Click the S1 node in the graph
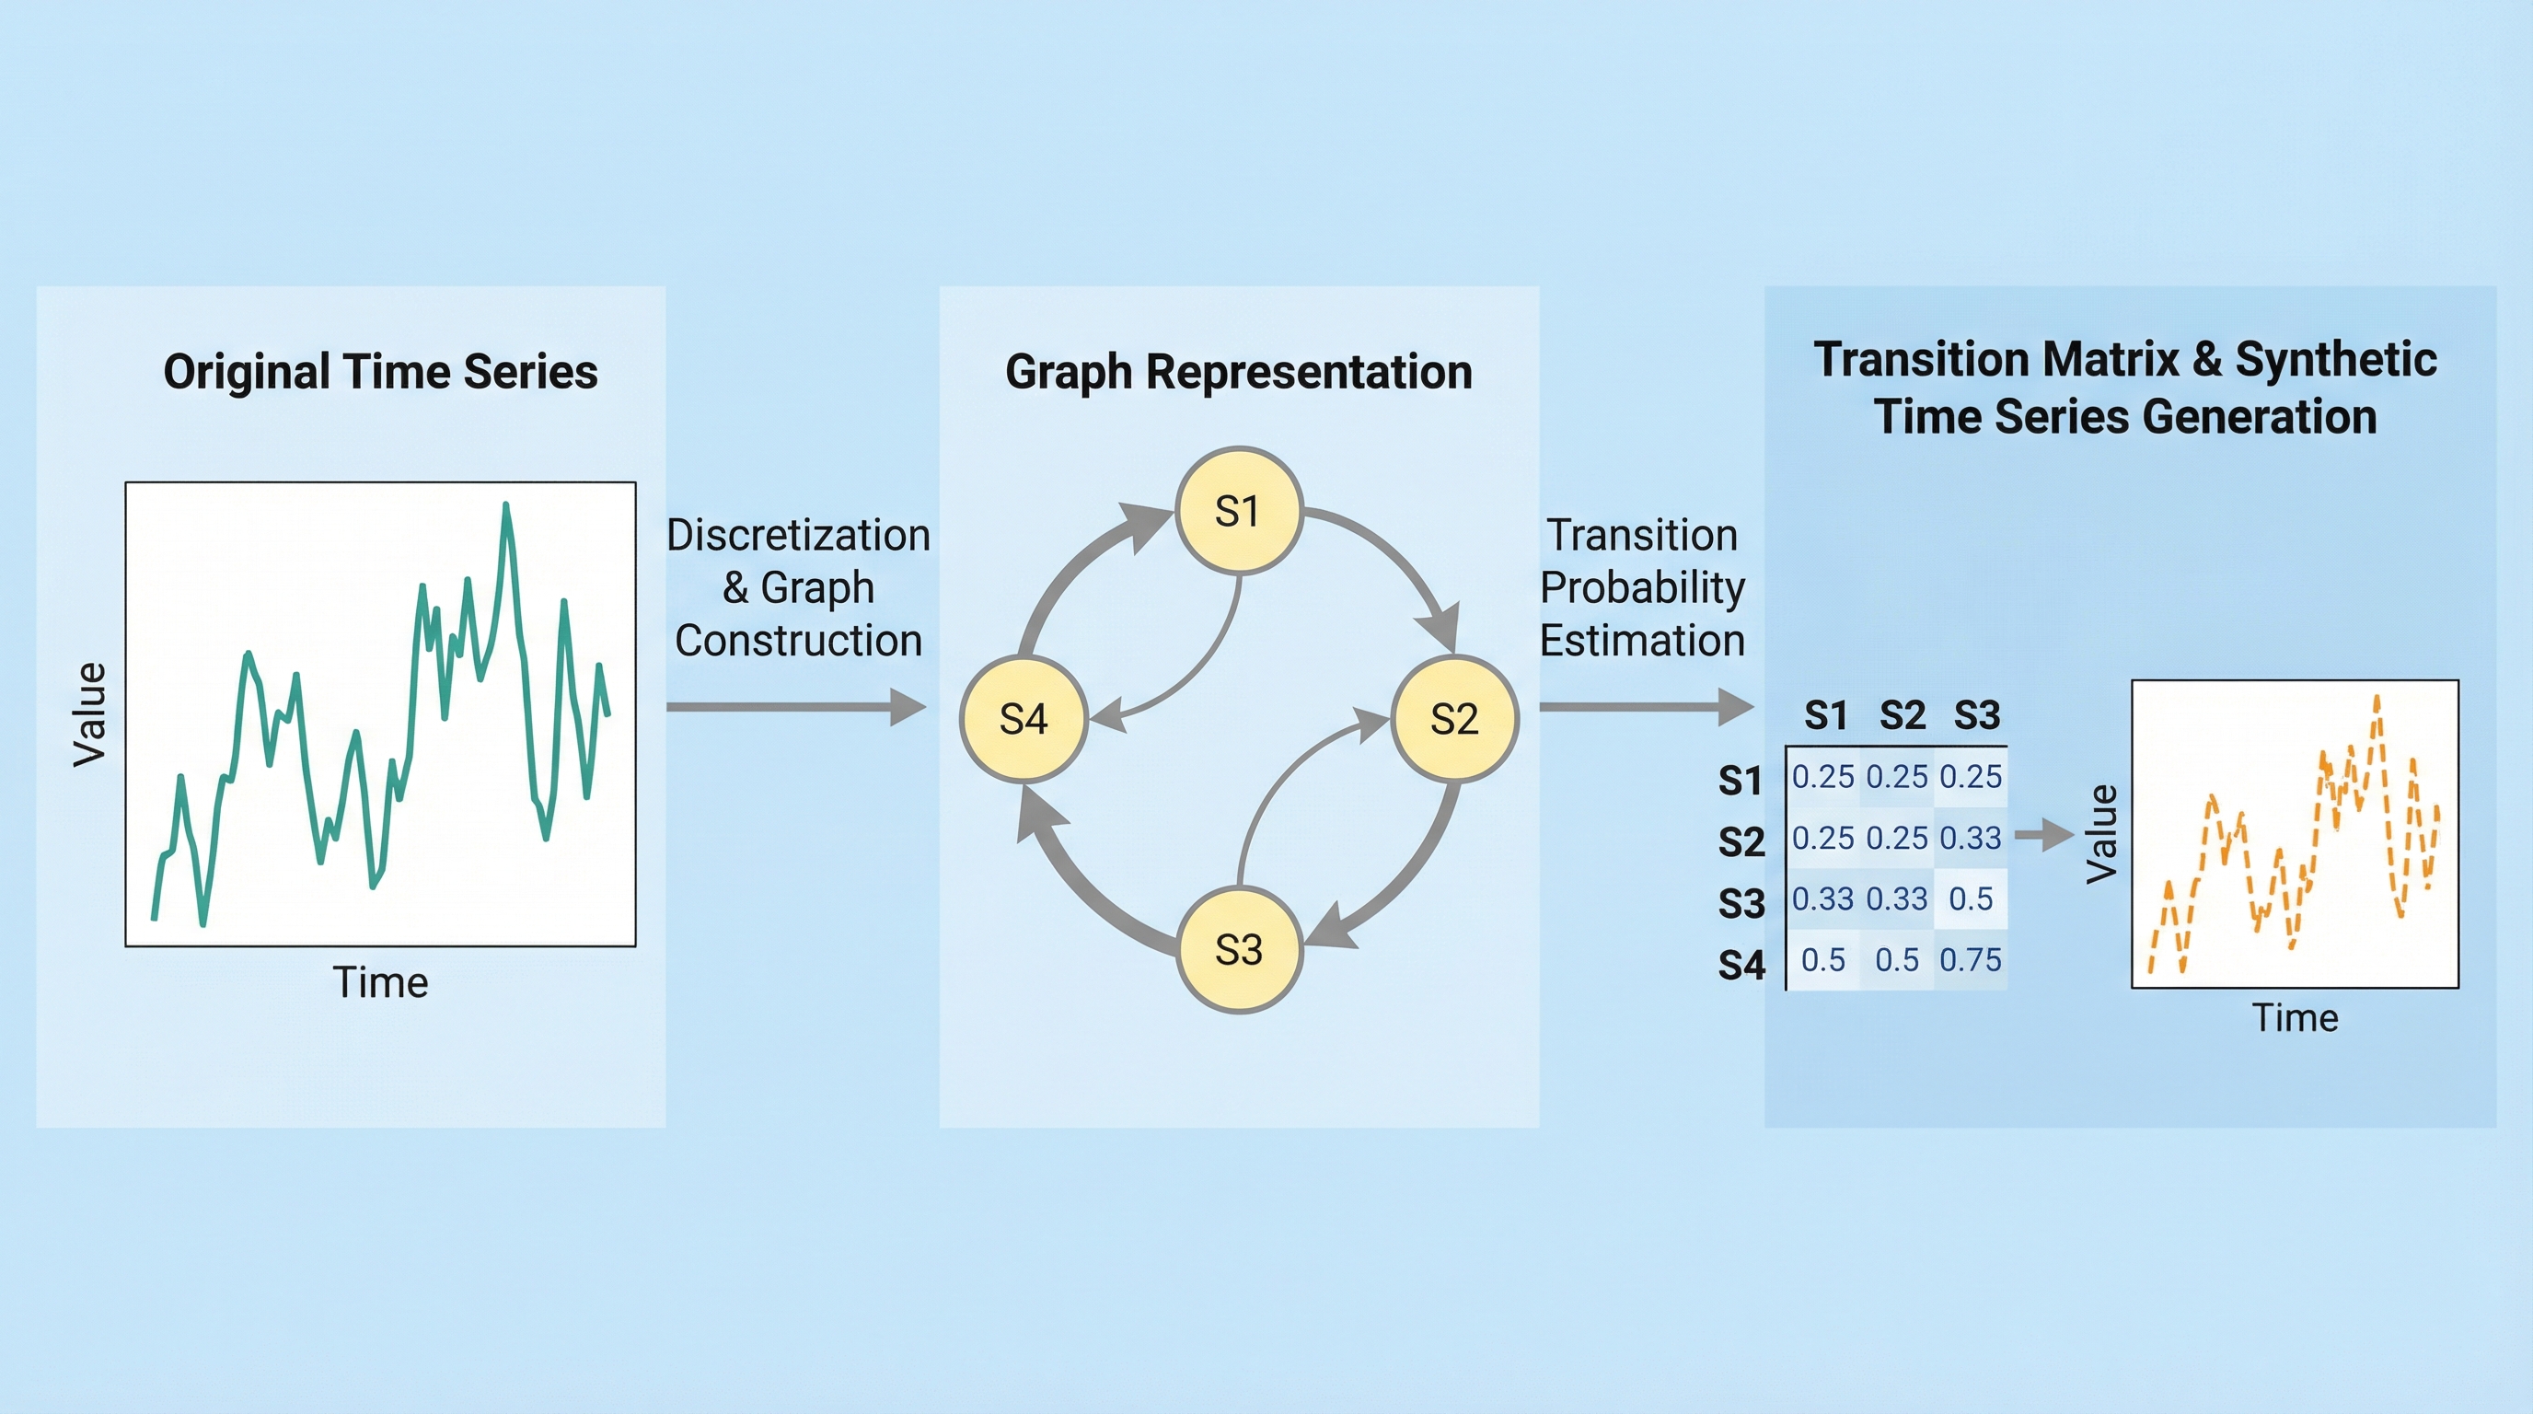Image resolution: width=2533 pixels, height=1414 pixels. (1238, 511)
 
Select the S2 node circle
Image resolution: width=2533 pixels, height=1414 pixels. (1454, 719)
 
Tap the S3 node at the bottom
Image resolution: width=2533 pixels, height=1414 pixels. (1239, 950)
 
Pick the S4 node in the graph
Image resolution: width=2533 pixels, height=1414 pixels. (1024, 719)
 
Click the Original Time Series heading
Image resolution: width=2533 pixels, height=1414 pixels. (380, 372)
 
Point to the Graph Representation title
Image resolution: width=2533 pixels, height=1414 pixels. (1238, 372)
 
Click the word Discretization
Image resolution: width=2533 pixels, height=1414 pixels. (797, 536)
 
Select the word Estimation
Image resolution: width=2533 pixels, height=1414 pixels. (1641, 641)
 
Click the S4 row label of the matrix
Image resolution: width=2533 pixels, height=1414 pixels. (1741, 966)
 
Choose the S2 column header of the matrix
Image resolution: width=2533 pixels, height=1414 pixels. (1902, 715)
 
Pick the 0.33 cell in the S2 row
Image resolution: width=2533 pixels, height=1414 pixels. (1971, 838)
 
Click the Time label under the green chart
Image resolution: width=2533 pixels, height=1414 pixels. (380, 982)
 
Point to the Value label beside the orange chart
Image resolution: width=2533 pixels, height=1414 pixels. (2101, 834)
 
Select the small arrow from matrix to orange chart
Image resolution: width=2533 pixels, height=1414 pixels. (2043, 835)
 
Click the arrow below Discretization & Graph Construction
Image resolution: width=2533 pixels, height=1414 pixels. (795, 707)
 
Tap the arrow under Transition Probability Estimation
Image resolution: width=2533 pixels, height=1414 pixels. (1645, 707)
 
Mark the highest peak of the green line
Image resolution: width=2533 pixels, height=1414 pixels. (506, 506)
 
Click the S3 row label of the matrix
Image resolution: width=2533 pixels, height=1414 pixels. (1741, 904)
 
